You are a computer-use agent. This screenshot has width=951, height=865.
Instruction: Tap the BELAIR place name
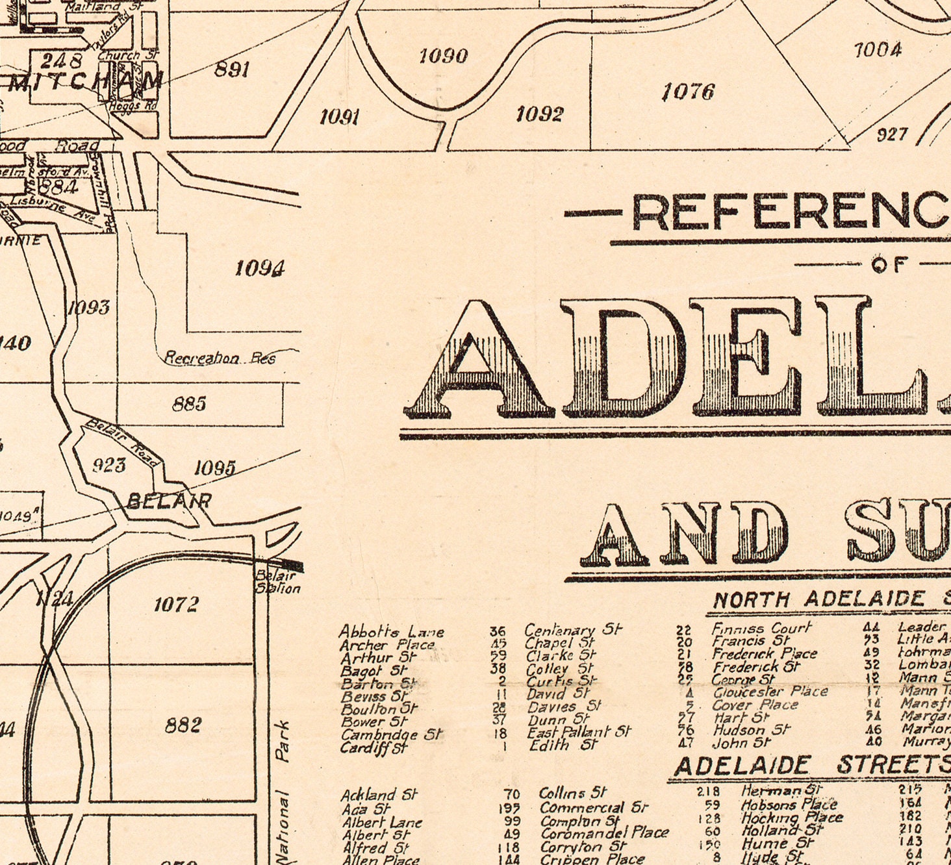[169, 501]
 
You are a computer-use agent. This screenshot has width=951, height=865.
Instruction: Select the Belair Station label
[277, 582]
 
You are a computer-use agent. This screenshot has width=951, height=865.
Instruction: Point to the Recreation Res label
[220, 358]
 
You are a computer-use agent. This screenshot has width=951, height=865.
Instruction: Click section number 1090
[443, 56]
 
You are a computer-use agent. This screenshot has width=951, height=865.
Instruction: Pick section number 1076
[688, 92]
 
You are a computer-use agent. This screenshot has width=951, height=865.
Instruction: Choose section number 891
[232, 69]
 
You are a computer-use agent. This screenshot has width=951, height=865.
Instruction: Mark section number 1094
[260, 268]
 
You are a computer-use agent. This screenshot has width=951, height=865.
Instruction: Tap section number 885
[189, 404]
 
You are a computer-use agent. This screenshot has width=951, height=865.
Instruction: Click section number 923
[108, 465]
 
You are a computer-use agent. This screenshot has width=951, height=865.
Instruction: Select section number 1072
[176, 605]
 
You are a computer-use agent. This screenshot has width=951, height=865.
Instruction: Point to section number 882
[183, 725]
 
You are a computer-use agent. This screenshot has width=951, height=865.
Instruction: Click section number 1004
[877, 50]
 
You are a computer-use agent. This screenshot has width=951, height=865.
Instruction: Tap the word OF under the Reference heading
[889, 264]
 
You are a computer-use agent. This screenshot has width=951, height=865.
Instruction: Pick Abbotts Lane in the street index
[391, 631]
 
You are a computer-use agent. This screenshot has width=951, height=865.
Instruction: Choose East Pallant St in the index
[578, 732]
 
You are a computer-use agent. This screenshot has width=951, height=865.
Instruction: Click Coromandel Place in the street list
[603, 833]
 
